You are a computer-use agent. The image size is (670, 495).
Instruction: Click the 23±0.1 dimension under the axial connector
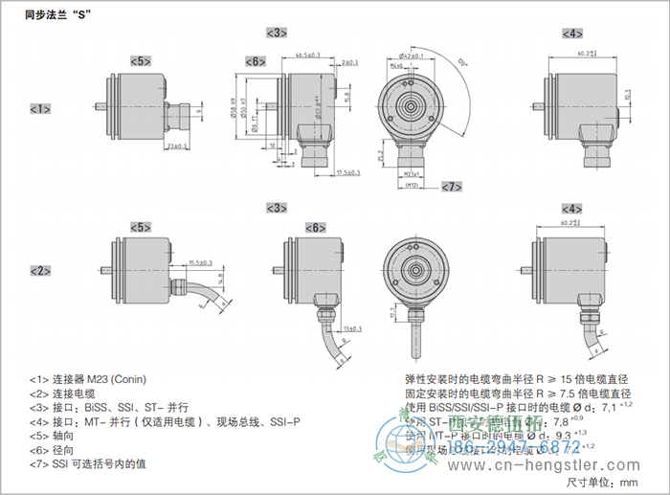point(176,146)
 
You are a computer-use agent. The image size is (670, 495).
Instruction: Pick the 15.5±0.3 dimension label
point(200,262)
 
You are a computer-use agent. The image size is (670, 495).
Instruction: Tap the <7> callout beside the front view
point(451,185)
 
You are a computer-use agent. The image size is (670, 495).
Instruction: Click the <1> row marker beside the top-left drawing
point(40,108)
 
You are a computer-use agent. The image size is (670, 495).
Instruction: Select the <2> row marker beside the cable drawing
point(40,270)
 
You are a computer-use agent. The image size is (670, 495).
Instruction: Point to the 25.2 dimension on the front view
point(382,153)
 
